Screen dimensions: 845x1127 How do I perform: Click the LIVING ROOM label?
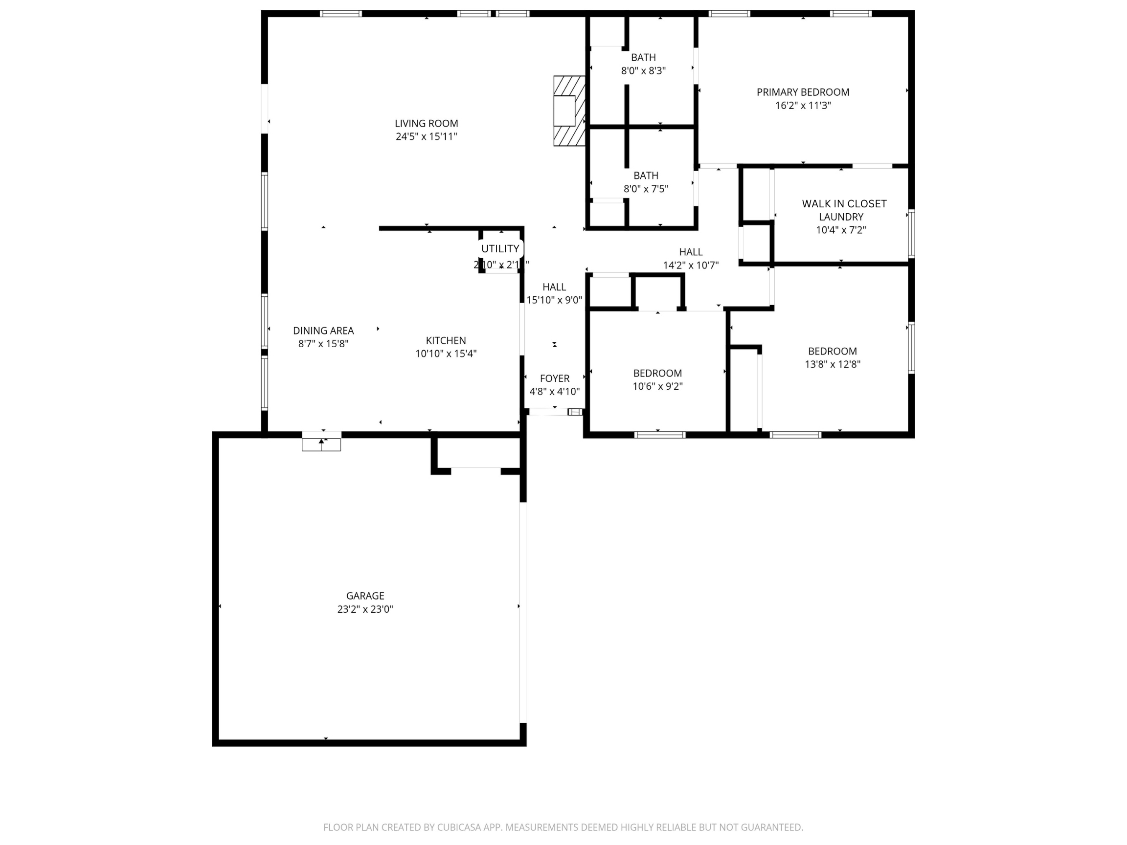(426, 123)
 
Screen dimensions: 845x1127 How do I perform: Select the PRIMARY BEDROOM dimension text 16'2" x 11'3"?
(803, 106)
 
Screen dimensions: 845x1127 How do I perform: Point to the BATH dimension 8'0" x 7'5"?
(646, 189)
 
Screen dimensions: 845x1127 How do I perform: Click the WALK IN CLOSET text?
(844, 204)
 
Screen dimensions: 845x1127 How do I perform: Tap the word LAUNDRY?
(841, 217)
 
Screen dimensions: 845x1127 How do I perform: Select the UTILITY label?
(500, 248)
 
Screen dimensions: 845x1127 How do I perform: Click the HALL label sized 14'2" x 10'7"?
(690, 252)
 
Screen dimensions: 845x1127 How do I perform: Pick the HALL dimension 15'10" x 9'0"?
(554, 300)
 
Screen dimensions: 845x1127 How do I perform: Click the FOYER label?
(554, 378)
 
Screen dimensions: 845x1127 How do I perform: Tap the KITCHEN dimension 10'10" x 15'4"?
(445, 354)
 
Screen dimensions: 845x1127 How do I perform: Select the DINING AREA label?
(323, 331)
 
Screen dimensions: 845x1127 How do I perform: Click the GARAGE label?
(365, 596)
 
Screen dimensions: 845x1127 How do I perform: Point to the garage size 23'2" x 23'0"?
(365, 609)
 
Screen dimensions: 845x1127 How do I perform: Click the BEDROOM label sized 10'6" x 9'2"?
(657, 373)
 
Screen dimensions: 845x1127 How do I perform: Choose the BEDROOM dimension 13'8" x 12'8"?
(832, 364)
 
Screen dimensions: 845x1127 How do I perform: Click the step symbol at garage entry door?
(321, 444)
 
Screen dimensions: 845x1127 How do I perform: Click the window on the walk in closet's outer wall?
(911, 234)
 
